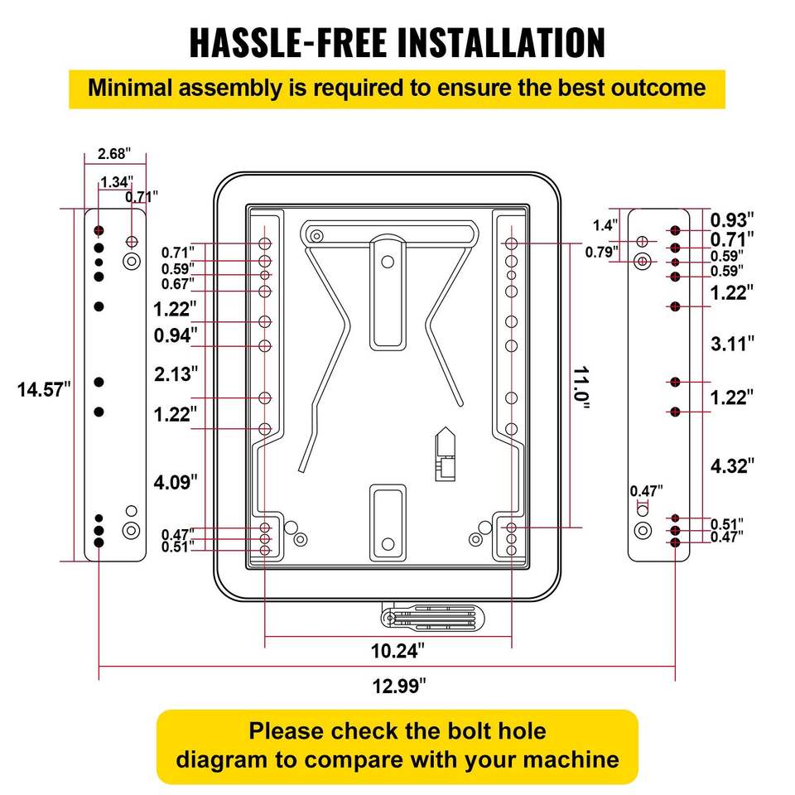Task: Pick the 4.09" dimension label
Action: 176,479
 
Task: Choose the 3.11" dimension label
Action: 732,343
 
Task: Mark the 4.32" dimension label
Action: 732,465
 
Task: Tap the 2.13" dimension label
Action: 176,373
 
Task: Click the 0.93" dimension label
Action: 733,219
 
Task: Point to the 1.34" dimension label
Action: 117,182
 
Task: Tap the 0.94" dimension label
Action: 176,335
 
